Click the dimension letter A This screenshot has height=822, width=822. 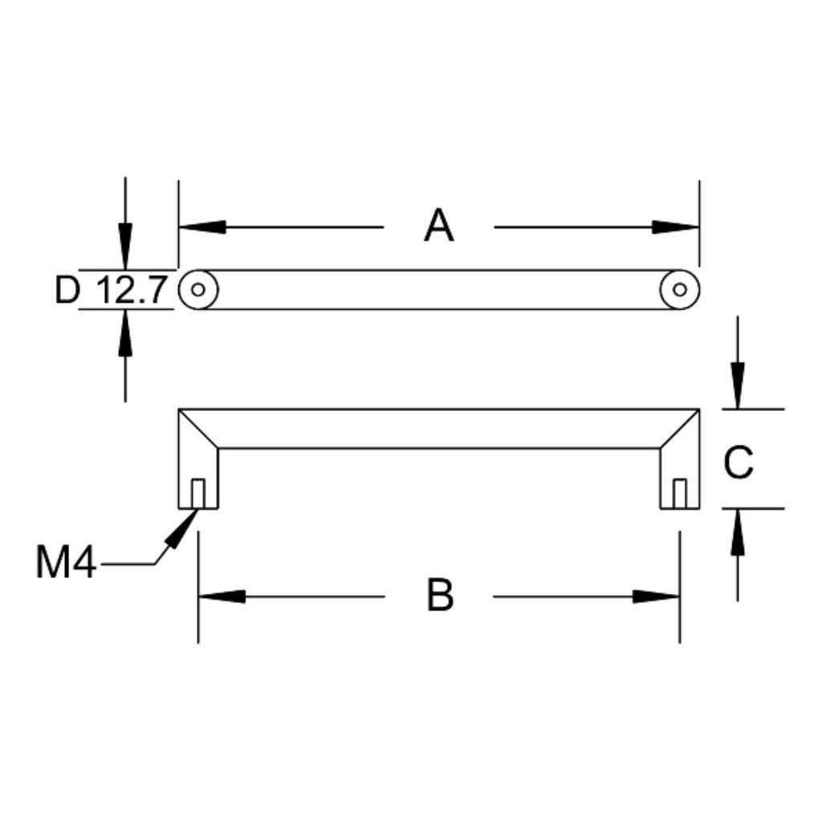click(x=439, y=226)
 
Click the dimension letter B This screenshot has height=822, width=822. click(x=440, y=595)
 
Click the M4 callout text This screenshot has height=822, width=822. click(x=66, y=563)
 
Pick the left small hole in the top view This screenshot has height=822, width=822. click(x=197, y=289)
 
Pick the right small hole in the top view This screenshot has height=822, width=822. click(x=679, y=289)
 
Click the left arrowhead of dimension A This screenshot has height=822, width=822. click(x=202, y=227)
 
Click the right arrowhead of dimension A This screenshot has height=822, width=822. click(x=676, y=227)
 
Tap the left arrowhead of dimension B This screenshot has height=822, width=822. click(x=222, y=596)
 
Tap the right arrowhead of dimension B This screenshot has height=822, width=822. click(x=656, y=596)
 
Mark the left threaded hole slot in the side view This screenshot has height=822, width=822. click(x=197, y=494)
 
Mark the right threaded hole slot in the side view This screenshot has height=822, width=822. click(x=679, y=494)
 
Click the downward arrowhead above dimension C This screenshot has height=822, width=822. click(x=738, y=385)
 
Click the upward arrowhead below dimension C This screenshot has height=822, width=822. click(x=738, y=531)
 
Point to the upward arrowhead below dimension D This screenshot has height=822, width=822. click(x=124, y=332)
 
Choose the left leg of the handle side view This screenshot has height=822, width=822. click(x=198, y=459)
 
